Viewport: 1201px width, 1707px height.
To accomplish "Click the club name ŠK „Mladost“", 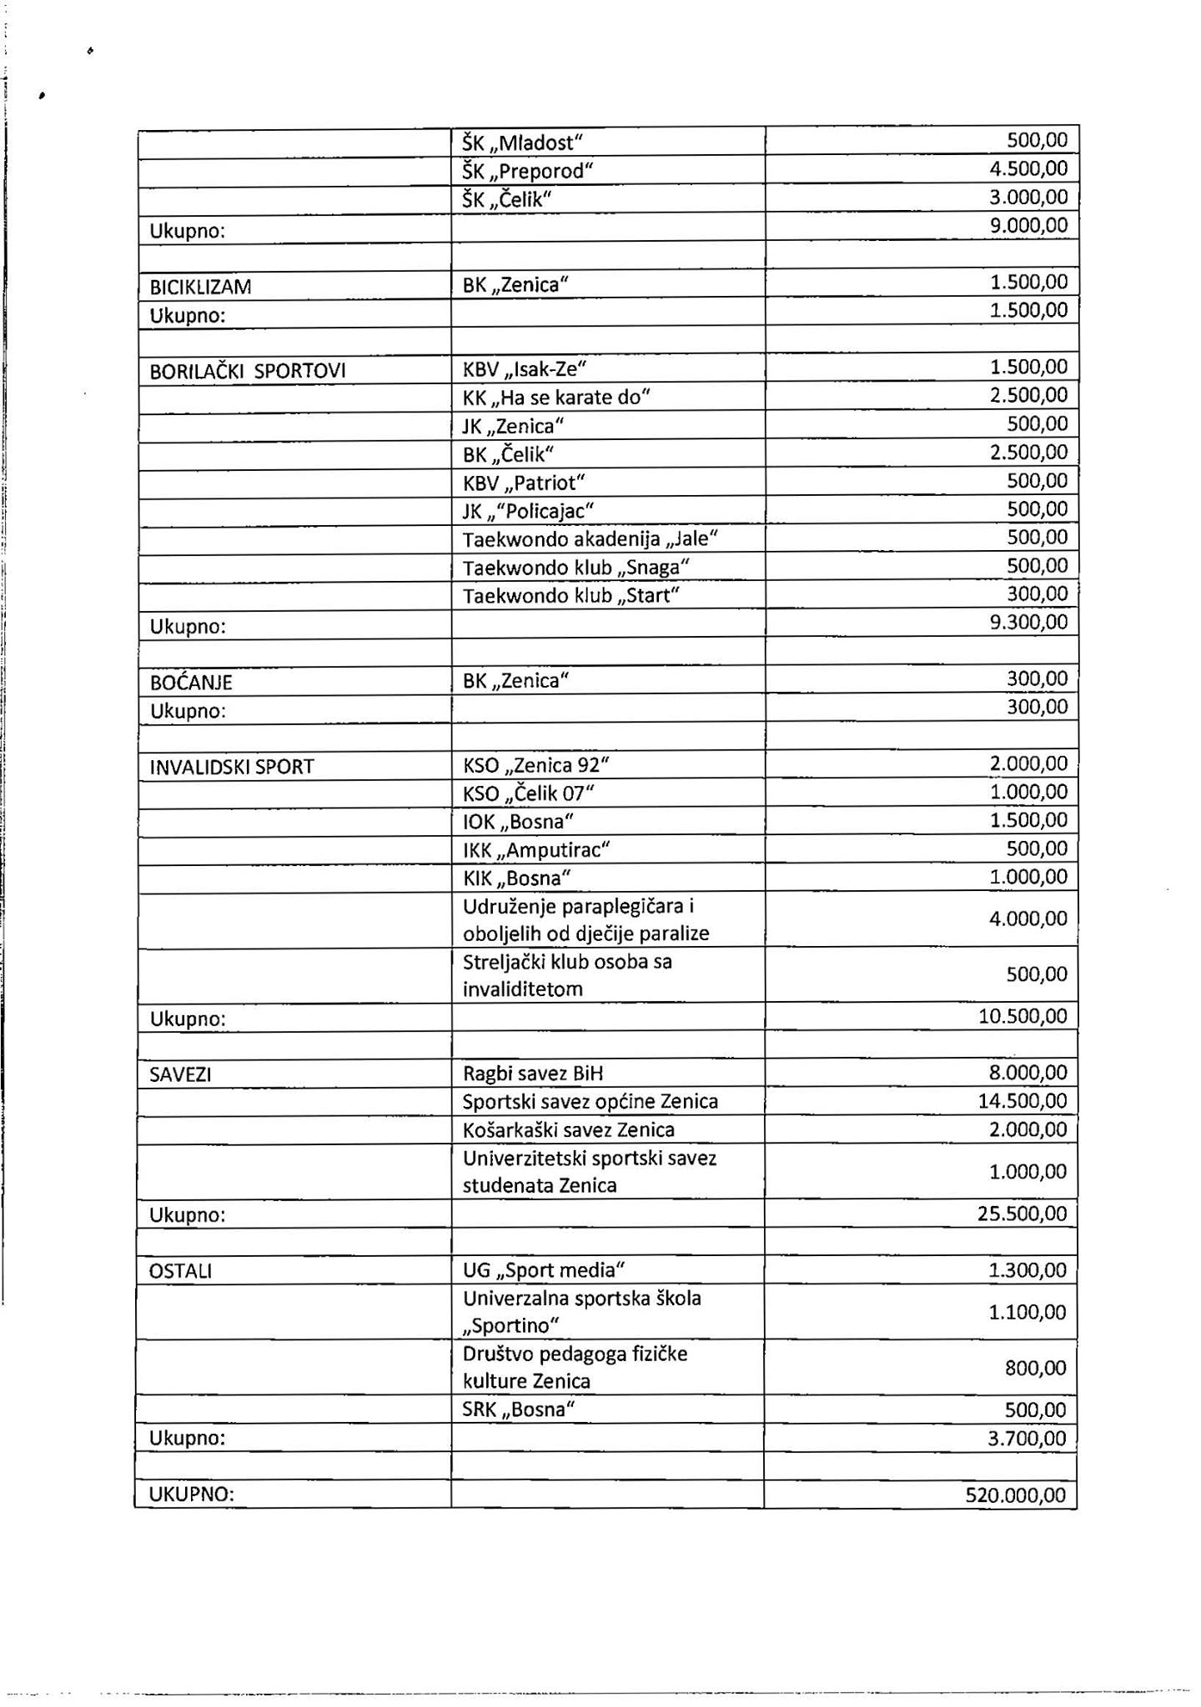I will [519, 143].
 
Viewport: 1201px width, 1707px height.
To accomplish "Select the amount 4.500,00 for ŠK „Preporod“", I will [1028, 168].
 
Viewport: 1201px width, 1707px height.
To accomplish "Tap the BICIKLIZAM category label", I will [200, 287].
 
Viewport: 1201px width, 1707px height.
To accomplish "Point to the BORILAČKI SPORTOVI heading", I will [247, 371].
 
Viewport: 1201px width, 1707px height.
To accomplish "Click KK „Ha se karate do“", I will [555, 397].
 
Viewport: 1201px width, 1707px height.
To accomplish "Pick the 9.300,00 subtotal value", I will [1028, 622].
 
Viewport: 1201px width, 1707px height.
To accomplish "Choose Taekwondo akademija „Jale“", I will [590, 538].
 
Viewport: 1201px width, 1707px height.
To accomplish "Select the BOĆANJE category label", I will [191, 682].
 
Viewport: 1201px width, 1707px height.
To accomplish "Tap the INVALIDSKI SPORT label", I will [232, 767].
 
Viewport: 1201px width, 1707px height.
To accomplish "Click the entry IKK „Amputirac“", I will [536, 850].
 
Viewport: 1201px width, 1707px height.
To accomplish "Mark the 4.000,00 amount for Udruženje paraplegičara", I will [1028, 919].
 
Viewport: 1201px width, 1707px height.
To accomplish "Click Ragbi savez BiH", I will [533, 1074].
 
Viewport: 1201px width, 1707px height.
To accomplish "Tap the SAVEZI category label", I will [180, 1074].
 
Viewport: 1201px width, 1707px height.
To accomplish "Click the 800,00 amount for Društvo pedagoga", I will [1036, 1368].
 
